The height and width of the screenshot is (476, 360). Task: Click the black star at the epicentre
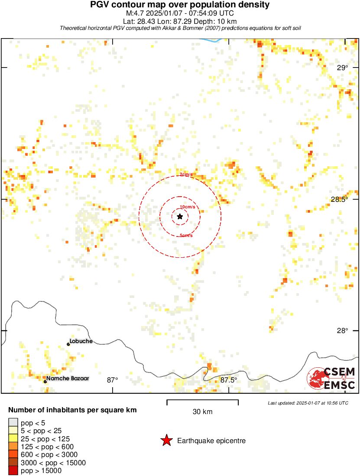tap(180, 216)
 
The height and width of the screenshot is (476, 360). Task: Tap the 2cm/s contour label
tap(186, 174)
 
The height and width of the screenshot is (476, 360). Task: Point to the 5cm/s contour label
tap(186, 236)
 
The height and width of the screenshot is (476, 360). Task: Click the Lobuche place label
tap(81, 341)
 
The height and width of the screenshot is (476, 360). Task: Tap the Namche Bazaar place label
tap(68, 379)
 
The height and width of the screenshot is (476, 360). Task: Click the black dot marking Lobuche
tap(68, 344)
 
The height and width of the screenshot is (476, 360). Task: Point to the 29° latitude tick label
tap(343, 68)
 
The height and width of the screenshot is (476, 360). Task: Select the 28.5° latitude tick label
tap(339, 199)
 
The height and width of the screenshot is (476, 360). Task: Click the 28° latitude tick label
tap(343, 330)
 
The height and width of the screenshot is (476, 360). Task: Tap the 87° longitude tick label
tap(113, 380)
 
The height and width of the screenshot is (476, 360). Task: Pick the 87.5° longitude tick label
tap(229, 380)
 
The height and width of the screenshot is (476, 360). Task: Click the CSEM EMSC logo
tap(331, 378)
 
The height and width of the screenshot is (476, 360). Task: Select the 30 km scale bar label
tap(202, 412)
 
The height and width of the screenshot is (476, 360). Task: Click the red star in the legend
tap(166, 441)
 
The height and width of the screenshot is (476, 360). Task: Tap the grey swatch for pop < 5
tap(13, 423)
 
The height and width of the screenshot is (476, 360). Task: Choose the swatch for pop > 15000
tap(13, 471)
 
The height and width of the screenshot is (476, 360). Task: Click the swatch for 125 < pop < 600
tap(13, 447)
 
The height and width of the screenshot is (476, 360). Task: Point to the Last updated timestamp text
tap(308, 403)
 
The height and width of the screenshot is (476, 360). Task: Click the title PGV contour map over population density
tap(180, 5)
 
